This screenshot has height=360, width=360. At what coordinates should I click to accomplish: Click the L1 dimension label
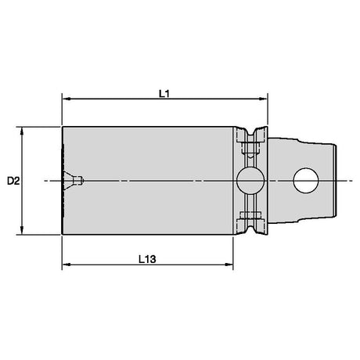point(164,94)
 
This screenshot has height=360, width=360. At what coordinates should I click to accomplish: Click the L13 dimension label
point(147,259)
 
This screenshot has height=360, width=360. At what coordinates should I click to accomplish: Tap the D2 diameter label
point(13,181)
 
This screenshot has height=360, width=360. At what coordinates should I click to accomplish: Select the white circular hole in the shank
point(306,181)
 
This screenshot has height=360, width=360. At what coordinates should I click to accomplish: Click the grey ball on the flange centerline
point(250,181)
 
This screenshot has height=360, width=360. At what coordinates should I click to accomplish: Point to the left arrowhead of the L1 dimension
point(67,99)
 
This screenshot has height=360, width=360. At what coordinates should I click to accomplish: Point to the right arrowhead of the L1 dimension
point(263,99)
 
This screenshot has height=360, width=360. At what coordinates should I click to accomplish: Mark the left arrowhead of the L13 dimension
point(67,265)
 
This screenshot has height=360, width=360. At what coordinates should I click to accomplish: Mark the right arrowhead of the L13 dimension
point(229,265)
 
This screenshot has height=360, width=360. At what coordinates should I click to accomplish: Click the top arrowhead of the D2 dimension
point(22,131)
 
